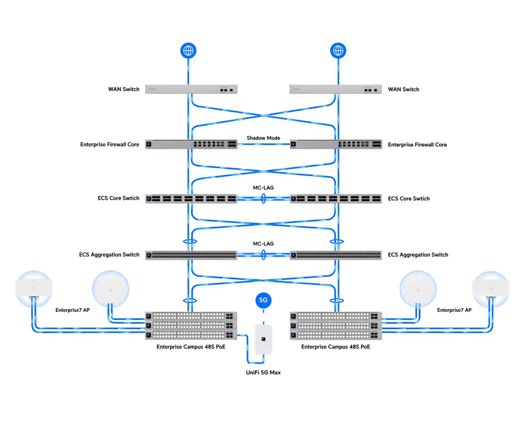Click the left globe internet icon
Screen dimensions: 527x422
[x=188, y=51]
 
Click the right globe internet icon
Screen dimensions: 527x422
[x=338, y=51]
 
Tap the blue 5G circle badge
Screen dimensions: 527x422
[x=263, y=300]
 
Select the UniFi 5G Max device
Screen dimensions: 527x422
[x=263, y=339]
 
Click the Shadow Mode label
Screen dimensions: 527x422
[x=263, y=138]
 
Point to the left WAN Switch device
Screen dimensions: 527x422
[x=191, y=89]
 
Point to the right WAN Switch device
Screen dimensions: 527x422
[x=335, y=89]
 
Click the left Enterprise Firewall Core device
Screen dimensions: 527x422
[x=191, y=145]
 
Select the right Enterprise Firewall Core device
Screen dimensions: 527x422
[x=336, y=145]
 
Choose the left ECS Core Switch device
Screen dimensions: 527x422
[x=191, y=198]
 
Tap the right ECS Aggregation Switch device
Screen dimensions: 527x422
[x=336, y=255]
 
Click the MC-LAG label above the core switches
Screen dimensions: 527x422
[x=263, y=187]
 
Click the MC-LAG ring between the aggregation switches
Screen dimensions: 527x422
[x=263, y=255]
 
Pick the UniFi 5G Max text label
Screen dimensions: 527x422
[x=263, y=372]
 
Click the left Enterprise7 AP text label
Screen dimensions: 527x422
[x=73, y=310]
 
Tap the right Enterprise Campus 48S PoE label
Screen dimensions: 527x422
[x=335, y=347]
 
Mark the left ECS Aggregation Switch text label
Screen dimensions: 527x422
[x=109, y=255]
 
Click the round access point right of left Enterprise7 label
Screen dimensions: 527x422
[x=111, y=289]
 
